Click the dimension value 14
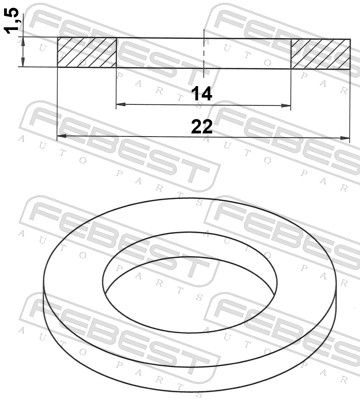(x=202, y=93)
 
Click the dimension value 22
(x=202, y=127)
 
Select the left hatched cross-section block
(x=87, y=53)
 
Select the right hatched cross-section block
(x=321, y=54)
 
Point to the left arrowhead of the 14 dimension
(x=120, y=105)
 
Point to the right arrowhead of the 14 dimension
(x=286, y=106)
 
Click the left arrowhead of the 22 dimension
(x=62, y=136)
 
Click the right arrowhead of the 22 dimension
(x=345, y=137)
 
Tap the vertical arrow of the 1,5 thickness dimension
(x=23, y=52)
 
